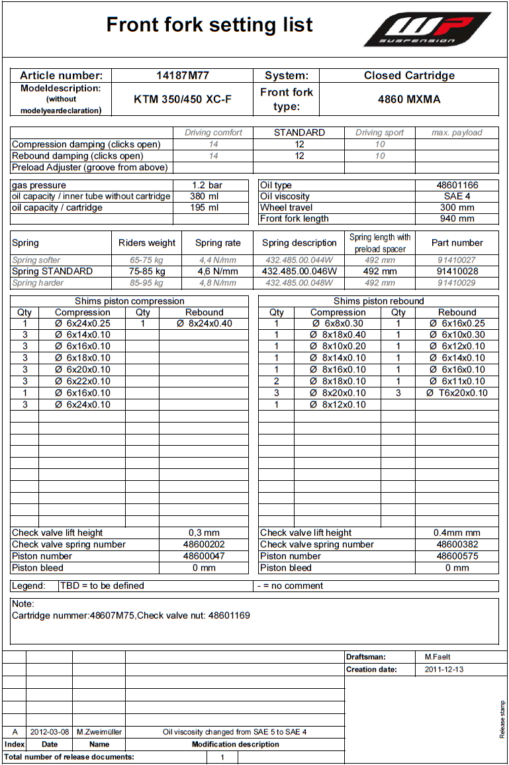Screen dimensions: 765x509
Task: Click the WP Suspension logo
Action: tap(427, 30)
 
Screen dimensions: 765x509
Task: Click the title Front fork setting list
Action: tap(209, 25)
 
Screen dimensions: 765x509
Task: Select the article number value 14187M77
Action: tap(182, 76)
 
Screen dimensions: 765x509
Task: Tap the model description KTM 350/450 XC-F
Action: tap(182, 99)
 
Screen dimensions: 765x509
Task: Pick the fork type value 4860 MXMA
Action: tap(409, 99)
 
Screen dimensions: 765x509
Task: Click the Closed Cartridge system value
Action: tap(409, 76)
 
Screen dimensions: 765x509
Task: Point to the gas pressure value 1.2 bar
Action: tap(205, 185)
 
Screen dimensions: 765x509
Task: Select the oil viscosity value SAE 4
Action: tap(457, 197)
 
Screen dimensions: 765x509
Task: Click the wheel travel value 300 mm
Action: tap(457, 208)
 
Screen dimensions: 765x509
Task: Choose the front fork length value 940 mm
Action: tap(457, 219)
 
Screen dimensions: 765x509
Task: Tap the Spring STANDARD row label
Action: tap(52, 272)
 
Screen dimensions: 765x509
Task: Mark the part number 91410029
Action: tap(457, 283)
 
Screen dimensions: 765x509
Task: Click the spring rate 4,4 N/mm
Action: tap(218, 260)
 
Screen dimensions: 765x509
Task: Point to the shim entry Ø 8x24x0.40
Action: tap(204, 324)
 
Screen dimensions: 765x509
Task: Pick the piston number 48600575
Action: tap(457, 556)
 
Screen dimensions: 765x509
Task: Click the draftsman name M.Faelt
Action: tap(438, 657)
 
